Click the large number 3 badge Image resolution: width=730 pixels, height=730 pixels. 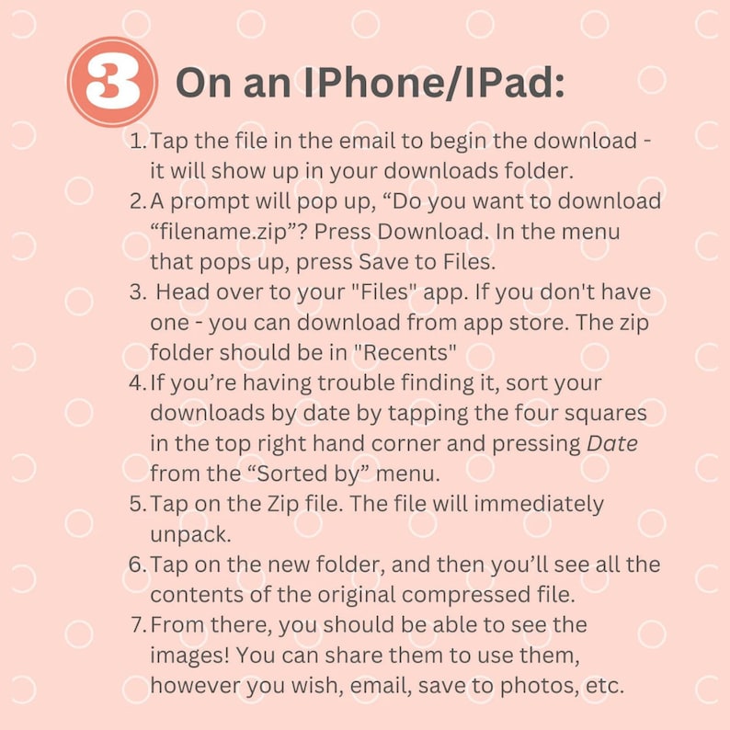pyautogui.click(x=112, y=82)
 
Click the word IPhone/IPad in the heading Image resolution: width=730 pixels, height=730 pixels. pyautogui.click(x=434, y=82)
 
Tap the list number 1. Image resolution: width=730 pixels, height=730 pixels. pyautogui.click(x=138, y=141)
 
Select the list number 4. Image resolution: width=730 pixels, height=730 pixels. pyautogui.click(x=138, y=382)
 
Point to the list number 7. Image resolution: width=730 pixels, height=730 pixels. pyautogui.click(x=139, y=625)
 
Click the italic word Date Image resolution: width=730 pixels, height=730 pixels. pyautogui.click(x=611, y=444)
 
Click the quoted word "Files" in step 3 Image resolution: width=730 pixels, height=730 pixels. pyautogui.click(x=382, y=291)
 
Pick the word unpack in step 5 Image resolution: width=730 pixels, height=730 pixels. pyautogui.click(x=190, y=534)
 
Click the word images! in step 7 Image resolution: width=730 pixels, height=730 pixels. pyautogui.click(x=189, y=656)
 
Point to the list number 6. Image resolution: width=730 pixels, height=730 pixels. pyautogui.click(x=138, y=565)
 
